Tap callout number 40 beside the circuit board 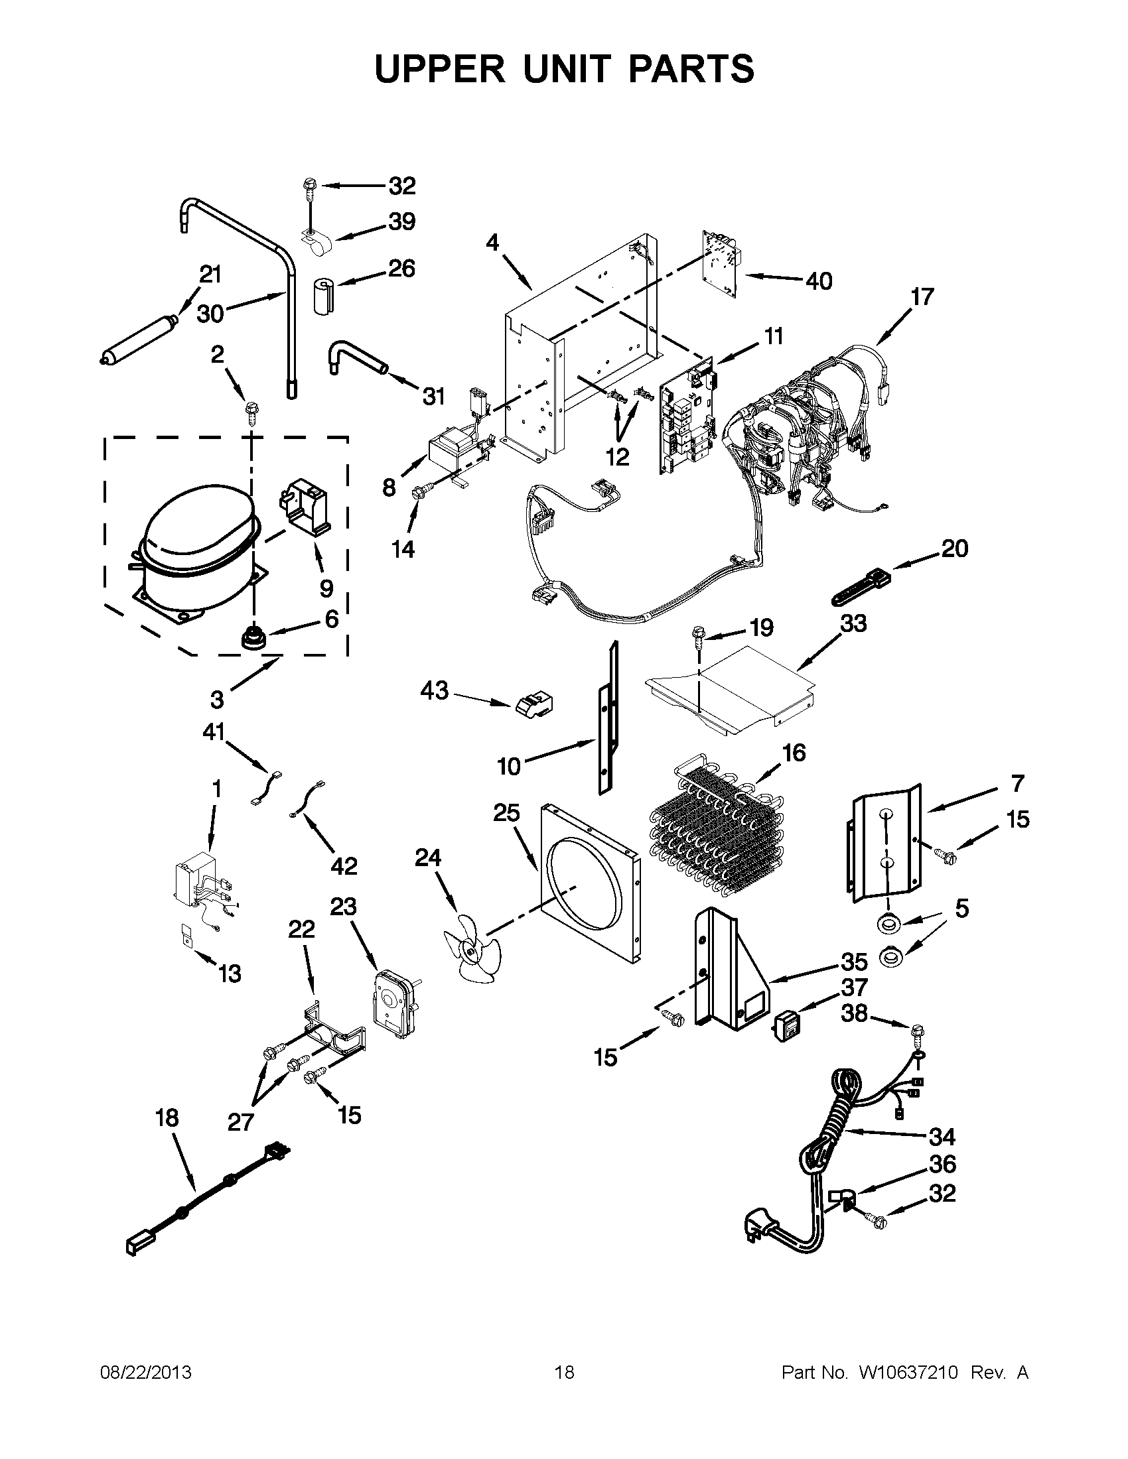(819, 281)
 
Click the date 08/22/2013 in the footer (146, 1372)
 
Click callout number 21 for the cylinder (210, 274)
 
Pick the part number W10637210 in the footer (908, 1372)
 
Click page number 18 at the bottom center (564, 1372)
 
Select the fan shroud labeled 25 (588, 882)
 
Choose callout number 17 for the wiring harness (922, 296)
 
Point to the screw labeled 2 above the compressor (253, 409)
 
